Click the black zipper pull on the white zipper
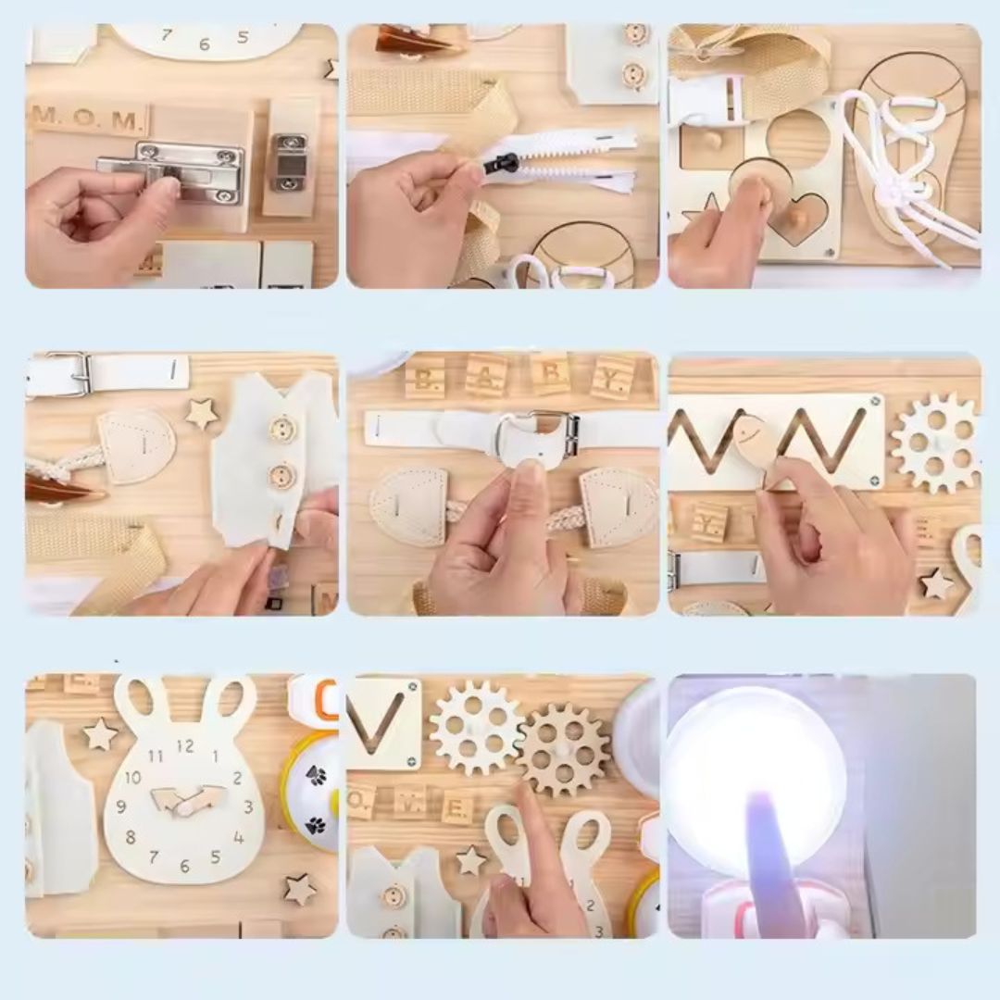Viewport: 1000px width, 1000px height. (504, 165)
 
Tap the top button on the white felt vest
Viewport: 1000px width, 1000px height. (281, 429)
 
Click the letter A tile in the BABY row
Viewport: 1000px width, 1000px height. (486, 375)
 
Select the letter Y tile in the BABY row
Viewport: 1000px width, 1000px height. (613, 376)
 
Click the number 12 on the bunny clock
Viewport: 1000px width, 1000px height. (185, 745)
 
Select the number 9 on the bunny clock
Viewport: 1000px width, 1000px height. (122, 806)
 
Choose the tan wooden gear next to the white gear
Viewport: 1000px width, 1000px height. (563, 749)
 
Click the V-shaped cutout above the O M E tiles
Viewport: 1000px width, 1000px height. (381, 722)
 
